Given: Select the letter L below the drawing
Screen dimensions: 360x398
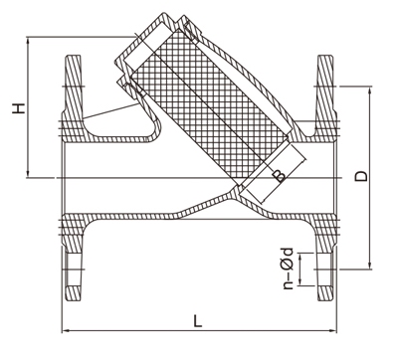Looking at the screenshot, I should pyautogui.click(x=196, y=321).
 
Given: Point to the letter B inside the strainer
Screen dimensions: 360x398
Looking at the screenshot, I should pyautogui.click(x=280, y=176).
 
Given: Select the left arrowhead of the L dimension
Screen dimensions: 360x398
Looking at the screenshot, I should pyautogui.click(x=66, y=329).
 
